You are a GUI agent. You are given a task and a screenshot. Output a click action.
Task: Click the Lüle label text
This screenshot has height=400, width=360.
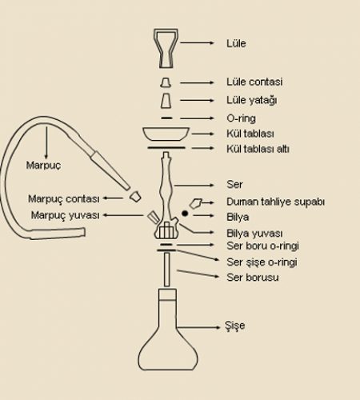(x=236, y=43)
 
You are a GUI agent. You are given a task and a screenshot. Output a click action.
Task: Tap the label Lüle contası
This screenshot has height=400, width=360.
(x=254, y=82)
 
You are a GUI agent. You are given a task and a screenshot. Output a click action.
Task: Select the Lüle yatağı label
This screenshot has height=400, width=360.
(x=252, y=101)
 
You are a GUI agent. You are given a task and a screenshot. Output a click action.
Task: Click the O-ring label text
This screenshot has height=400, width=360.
(x=241, y=118)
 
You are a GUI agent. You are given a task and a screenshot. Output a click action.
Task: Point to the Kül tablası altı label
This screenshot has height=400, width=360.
(x=258, y=149)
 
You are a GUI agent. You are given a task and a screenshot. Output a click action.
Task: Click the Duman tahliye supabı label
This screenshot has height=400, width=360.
(x=275, y=202)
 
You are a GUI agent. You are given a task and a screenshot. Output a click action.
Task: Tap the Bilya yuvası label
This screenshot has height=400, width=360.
(x=254, y=234)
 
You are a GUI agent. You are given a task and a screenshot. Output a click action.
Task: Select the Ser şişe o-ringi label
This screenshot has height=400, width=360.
(x=262, y=262)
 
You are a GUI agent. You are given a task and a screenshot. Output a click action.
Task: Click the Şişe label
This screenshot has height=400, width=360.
(x=234, y=326)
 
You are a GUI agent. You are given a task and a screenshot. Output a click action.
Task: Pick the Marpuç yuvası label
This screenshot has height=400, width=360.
(x=66, y=215)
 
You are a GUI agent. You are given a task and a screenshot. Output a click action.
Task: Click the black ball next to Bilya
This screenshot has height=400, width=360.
(x=185, y=214)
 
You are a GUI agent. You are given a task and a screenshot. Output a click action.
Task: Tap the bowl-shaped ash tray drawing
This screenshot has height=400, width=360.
(x=166, y=134)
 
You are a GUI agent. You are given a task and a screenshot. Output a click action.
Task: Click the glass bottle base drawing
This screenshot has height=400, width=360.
(x=168, y=330)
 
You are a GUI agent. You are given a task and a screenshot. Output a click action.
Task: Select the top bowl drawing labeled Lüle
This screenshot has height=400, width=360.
(x=166, y=48)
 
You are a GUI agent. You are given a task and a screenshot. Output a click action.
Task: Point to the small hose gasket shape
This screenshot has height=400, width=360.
(x=136, y=197)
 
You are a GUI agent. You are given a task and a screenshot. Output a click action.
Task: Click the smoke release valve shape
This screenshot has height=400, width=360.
(x=196, y=203)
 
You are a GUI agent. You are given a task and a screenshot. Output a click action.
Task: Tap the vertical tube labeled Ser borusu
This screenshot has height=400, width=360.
(x=167, y=270)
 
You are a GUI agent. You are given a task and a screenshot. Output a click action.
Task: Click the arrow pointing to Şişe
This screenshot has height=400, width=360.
(x=199, y=327)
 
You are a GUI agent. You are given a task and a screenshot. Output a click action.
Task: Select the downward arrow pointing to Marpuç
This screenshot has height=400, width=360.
(x=46, y=143)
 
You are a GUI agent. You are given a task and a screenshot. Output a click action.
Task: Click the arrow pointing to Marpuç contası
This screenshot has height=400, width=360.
(x=113, y=198)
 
